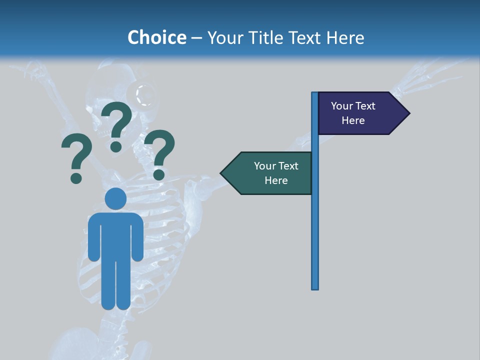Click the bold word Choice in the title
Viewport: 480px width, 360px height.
pyautogui.click(x=156, y=37)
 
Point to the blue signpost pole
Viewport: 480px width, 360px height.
pyautogui.click(x=315, y=225)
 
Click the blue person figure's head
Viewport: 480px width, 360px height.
pyautogui.click(x=115, y=198)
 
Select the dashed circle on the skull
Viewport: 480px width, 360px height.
pyautogui.click(x=145, y=95)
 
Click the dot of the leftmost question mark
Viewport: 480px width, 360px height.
pyautogui.click(x=76, y=178)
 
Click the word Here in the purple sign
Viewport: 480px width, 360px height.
pyautogui.click(x=353, y=120)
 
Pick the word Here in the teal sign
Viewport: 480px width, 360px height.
pyautogui.click(x=276, y=180)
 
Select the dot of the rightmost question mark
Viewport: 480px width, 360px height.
pyautogui.click(x=159, y=174)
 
